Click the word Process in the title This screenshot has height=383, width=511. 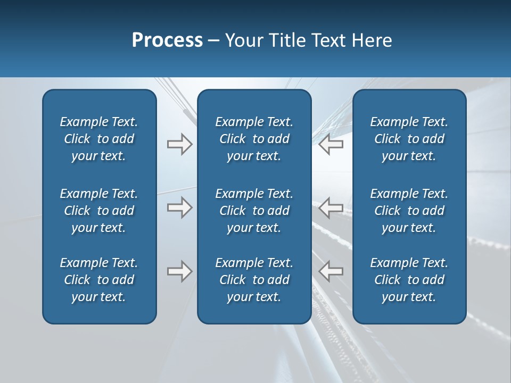pyautogui.click(x=167, y=40)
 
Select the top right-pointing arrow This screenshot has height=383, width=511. pyautogui.click(x=179, y=144)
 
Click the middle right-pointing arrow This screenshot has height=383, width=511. pyautogui.click(x=179, y=207)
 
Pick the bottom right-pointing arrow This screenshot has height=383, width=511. pyautogui.click(x=179, y=271)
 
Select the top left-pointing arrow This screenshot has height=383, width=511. pyautogui.click(x=331, y=144)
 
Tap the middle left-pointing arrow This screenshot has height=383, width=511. pyautogui.click(x=331, y=207)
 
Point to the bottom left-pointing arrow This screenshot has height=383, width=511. pyautogui.click(x=331, y=271)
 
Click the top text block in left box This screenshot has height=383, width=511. pyautogui.click(x=99, y=139)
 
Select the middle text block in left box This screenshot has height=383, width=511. pyautogui.click(x=99, y=211)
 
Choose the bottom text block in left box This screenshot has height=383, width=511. pyautogui.click(x=99, y=280)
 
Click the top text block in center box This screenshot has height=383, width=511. pyautogui.click(x=254, y=139)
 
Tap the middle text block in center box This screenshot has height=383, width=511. pyautogui.click(x=254, y=211)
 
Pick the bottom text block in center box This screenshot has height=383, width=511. pyautogui.click(x=254, y=280)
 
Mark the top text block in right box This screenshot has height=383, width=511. pyautogui.click(x=409, y=139)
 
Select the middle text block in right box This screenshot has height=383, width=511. pyautogui.click(x=409, y=211)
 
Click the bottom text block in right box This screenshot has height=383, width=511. pyautogui.click(x=409, y=280)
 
